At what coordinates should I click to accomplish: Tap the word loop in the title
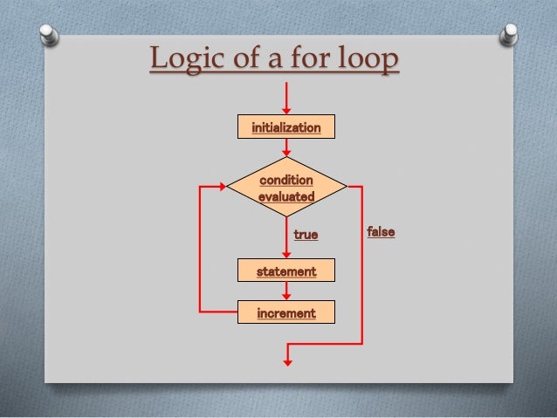(362, 61)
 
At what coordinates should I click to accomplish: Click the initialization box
(286, 128)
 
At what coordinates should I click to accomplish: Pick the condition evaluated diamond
(286, 188)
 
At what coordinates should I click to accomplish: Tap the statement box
(286, 271)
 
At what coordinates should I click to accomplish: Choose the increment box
(286, 312)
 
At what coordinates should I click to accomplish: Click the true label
(306, 235)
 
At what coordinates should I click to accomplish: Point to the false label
(381, 233)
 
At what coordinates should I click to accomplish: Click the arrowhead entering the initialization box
(286, 111)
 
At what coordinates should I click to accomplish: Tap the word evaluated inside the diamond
(285, 196)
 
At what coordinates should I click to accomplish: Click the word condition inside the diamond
(286, 180)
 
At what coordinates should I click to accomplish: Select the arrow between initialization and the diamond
(286, 147)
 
